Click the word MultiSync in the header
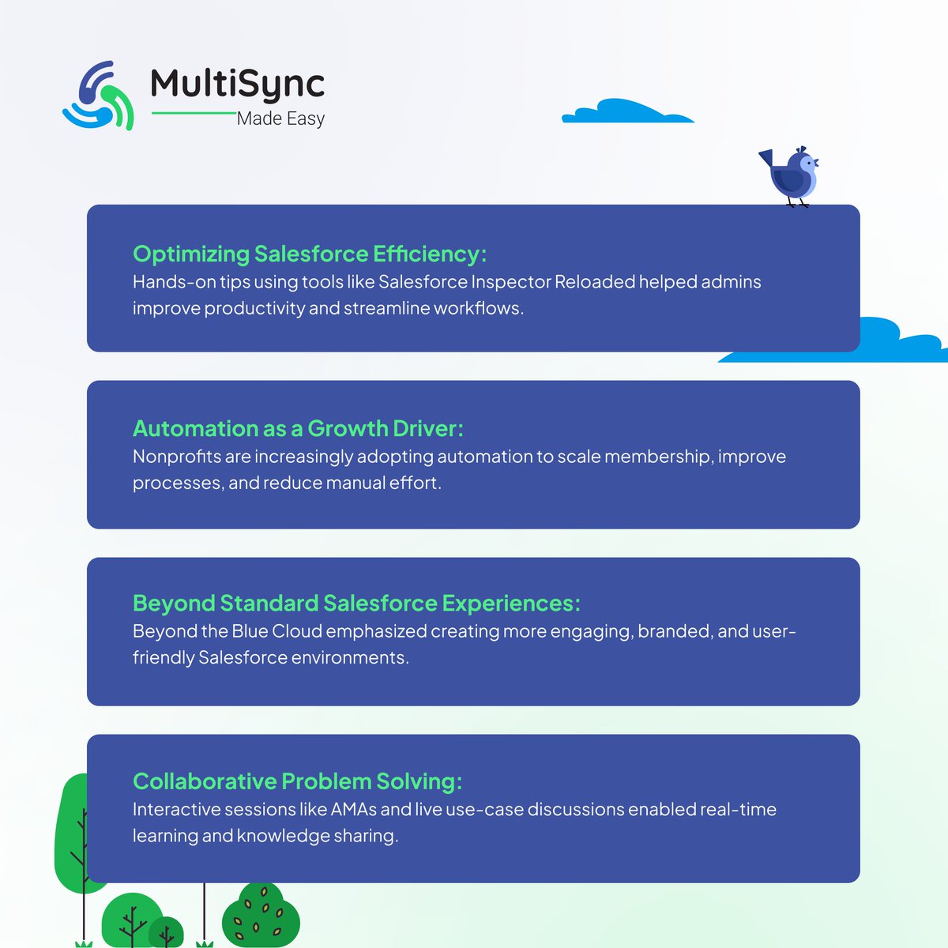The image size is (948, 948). (x=237, y=83)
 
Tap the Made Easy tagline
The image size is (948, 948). (x=280, y=119)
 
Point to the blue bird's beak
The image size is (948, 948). (x=816, y=164)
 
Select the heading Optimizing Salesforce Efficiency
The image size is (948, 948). (x=309, y=254)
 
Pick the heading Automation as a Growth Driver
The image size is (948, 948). (x=298, y=428)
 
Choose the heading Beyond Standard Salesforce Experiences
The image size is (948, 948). (x=356, y=603)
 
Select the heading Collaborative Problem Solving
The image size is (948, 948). (x=297, y=781)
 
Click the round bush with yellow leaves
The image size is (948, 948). (x=261, y=916)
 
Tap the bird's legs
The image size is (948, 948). (x=799, y=202)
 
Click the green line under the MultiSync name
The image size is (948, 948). (x=194, y=113)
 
